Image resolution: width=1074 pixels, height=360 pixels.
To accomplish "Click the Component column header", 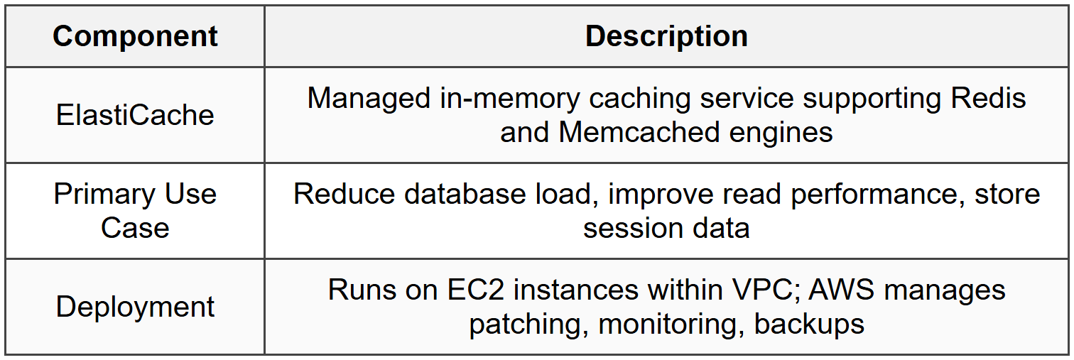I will [135, 37].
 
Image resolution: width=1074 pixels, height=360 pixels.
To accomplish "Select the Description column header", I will [666, 37].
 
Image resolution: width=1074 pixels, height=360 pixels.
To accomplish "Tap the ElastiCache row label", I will [135, 115].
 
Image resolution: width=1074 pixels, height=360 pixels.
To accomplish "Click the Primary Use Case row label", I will [135, 211].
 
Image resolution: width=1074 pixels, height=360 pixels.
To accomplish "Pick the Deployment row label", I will [135, 307].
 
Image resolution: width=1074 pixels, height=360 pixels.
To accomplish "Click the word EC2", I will [472, 290].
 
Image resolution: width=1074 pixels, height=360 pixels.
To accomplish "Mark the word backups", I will [809, 324].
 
